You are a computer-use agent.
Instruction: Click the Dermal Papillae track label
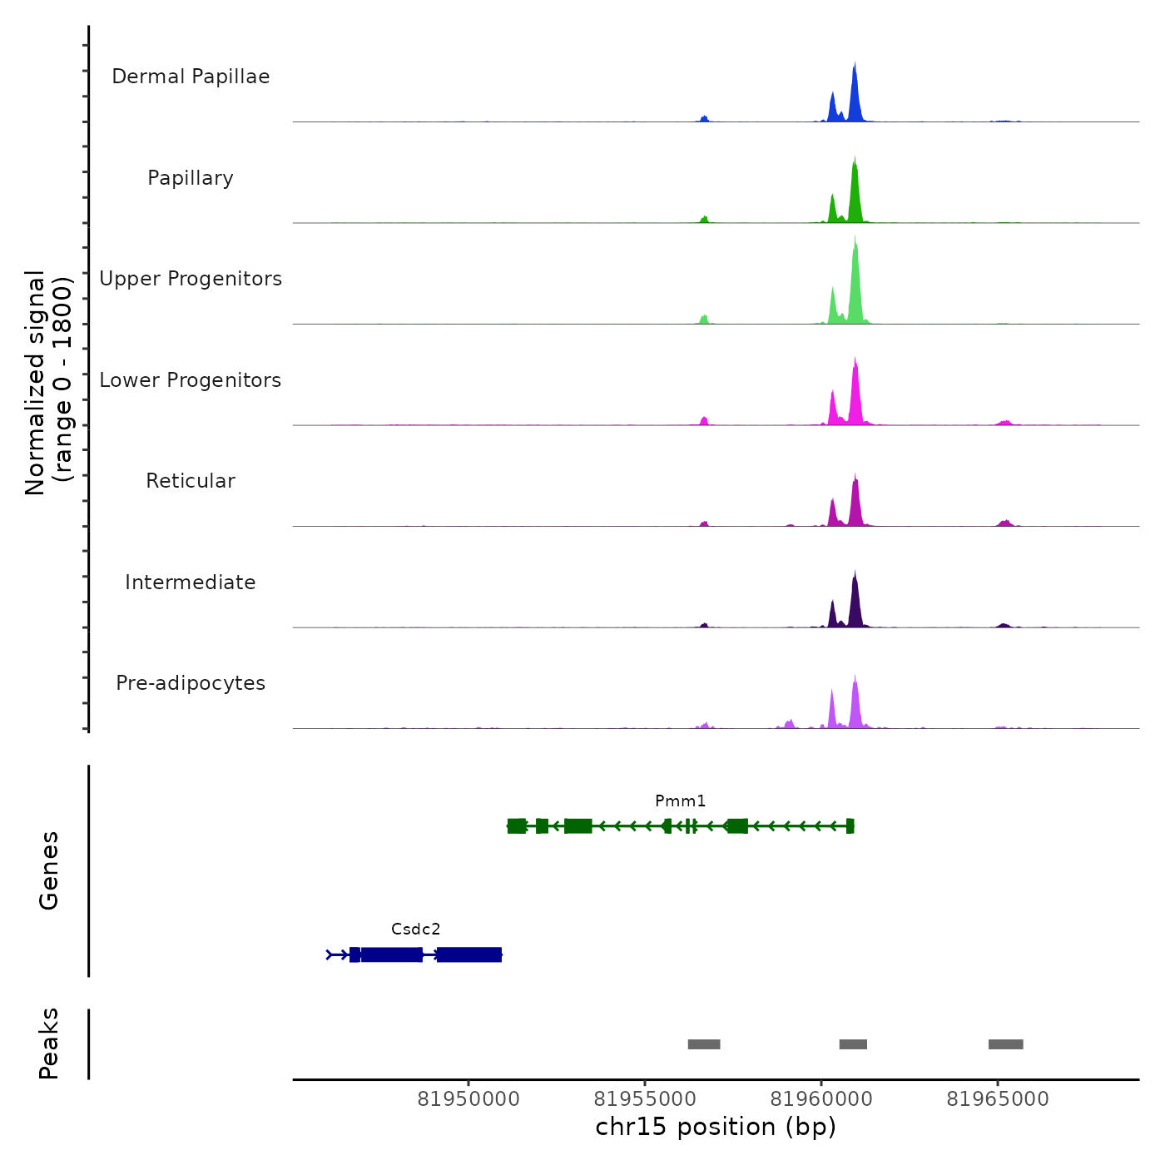click(191, 77)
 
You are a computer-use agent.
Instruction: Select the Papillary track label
click(191, 178)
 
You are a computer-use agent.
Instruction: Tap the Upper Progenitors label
click(191, 279)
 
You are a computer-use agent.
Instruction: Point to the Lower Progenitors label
click(191, 380)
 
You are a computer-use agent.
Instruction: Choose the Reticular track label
click(191, 481)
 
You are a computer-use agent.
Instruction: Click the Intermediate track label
click(191, 582)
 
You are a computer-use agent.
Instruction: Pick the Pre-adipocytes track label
click(191, 683)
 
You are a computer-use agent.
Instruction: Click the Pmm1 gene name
click(680, 801)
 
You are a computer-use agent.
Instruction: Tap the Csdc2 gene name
click(415, 930)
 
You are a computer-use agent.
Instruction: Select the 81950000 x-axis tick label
click(468, 1099)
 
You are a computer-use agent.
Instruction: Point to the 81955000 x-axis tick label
click(645, 1099)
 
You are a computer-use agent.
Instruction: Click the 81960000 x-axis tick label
click(821, 1099)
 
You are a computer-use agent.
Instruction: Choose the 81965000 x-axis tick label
click(998, 1099)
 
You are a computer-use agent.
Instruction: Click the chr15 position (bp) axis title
click(716, 1127)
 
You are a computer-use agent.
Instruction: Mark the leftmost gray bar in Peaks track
click(703, 1044)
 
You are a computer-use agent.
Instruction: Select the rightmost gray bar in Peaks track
click(1005, 1044)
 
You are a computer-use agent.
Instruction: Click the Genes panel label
click(48, 870)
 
